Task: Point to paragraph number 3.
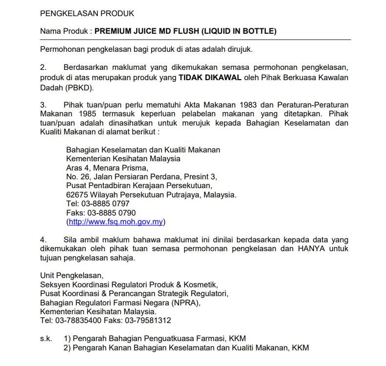[x=43, y=105]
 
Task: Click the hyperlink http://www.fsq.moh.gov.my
[x=115, y=222]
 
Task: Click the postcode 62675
[x=77, y=194]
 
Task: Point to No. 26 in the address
[x=78, y=176]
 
